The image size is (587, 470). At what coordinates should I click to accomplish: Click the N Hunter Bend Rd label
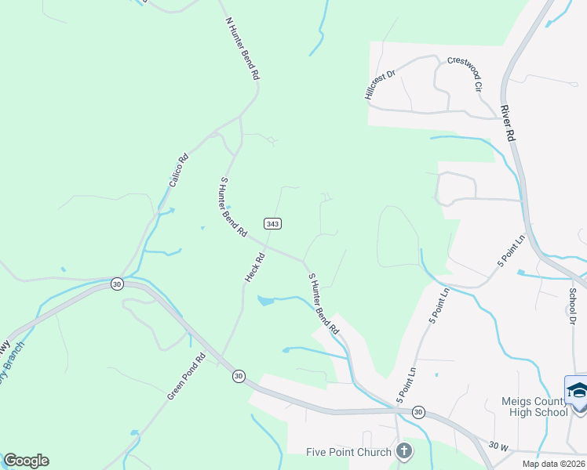(x=242, y=49)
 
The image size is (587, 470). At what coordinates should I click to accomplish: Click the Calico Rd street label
(x=178, y=169)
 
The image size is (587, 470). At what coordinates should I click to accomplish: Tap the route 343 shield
(x=272, y=223)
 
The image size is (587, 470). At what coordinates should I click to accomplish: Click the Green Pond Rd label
(x=186, y=377)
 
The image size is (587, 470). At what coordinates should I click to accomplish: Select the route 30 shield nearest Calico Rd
(x=117, y=283)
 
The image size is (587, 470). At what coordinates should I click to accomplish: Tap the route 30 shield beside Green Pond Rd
(x=238, y=377)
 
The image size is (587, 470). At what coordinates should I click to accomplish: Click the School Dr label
(x=572, y=305)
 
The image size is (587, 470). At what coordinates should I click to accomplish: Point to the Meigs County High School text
(x=534, y=407)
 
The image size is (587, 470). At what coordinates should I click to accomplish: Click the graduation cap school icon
(x=576, y=392)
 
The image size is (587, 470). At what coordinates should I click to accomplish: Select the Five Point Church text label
(x=348, y=451)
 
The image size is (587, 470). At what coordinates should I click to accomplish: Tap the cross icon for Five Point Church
(x=403, y=450)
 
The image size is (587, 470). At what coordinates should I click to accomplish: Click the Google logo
(x=26, y=461)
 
